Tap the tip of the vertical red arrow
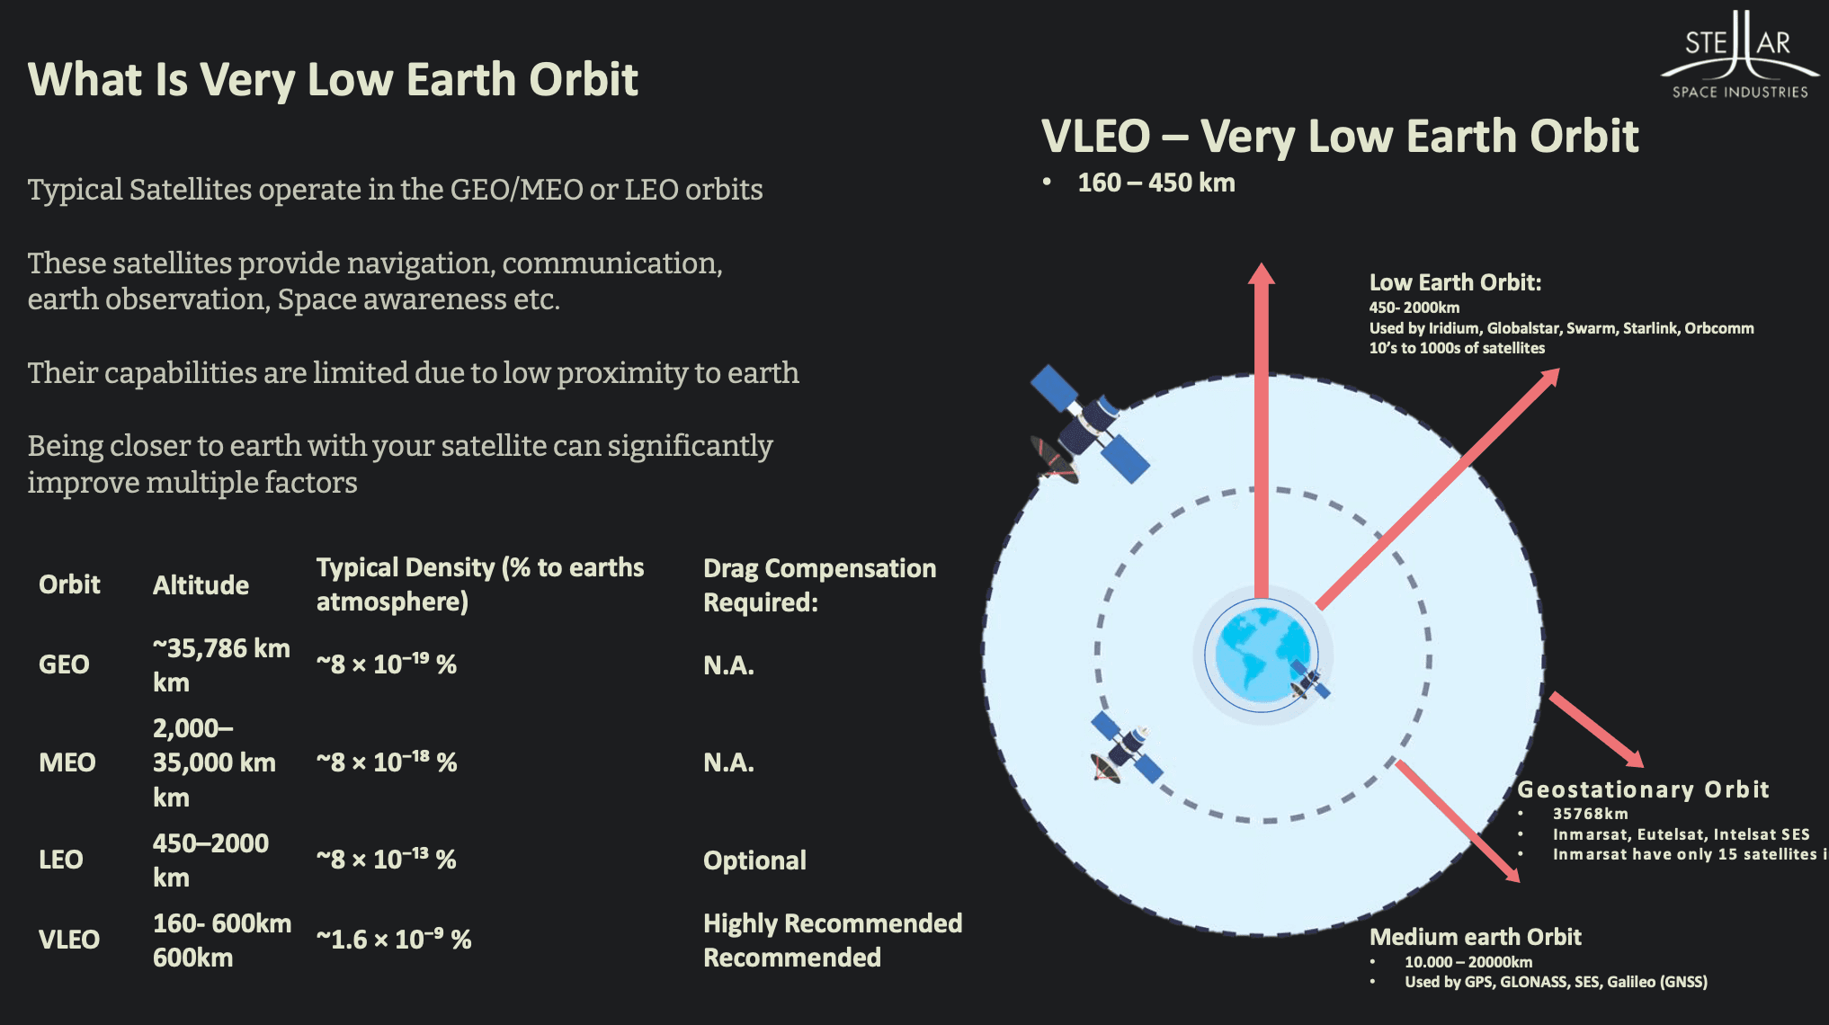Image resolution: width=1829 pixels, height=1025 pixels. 1262,267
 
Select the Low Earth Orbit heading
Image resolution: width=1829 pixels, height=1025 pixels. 1455,282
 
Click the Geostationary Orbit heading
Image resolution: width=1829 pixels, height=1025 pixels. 1642,789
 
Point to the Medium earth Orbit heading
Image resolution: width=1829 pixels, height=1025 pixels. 1475,937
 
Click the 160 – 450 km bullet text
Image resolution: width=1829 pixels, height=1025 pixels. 1155,183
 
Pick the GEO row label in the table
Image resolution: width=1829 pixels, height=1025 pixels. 64,664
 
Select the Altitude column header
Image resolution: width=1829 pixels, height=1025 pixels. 201,585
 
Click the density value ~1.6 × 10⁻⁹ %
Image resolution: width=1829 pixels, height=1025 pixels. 394,940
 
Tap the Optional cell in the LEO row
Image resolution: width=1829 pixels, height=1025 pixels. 754,860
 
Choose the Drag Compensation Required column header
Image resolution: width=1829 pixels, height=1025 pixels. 819,585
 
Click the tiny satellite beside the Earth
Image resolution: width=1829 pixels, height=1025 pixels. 1308,682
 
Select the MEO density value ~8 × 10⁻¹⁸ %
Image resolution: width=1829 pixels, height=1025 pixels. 387,762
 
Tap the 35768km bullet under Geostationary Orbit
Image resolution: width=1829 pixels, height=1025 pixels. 1590,814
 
